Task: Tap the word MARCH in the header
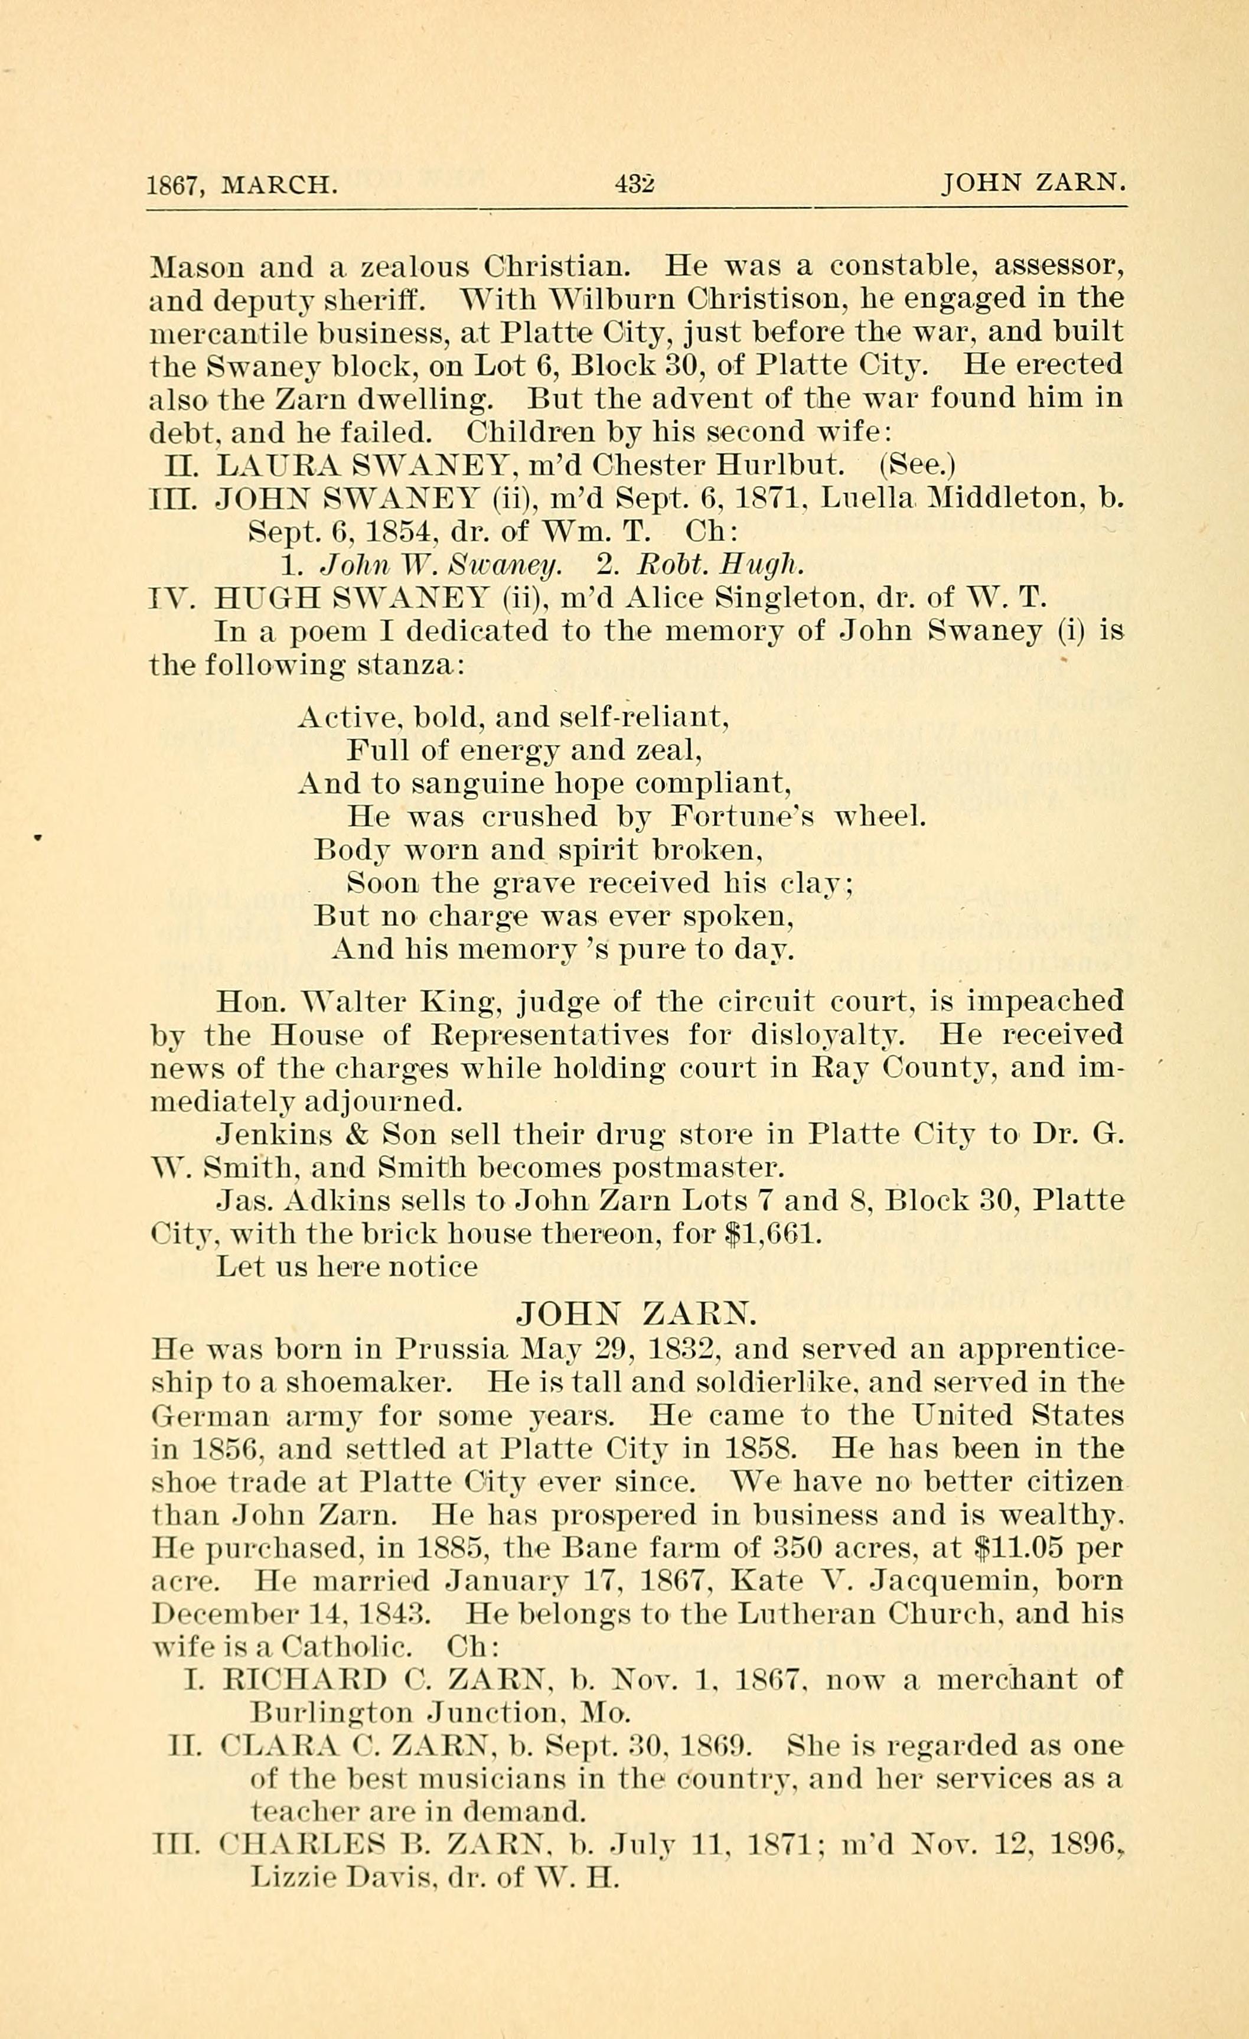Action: tap(279, 184)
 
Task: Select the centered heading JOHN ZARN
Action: tap(635, 1313)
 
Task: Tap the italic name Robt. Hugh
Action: tap(720, 565)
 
